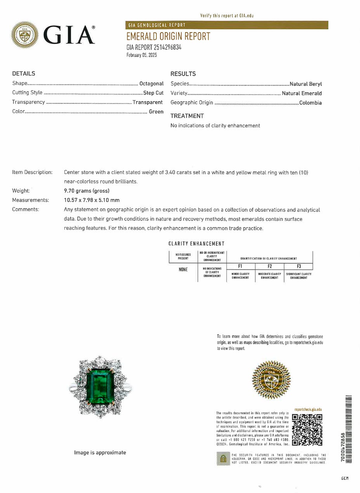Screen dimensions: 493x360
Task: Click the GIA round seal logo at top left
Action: [25, 35]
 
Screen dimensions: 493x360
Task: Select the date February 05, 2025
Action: [142, 55]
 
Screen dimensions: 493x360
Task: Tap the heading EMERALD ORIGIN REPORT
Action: [168, 36]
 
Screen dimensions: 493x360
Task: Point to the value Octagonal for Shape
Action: [151, 83]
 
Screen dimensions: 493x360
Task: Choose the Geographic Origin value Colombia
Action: [310, 103]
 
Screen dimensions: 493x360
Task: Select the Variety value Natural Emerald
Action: [301, 93]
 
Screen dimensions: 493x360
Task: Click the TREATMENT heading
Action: [187, 116]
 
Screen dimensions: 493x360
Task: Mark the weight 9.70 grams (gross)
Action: [87, 191]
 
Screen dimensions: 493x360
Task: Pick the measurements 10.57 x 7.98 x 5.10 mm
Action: [92, 200]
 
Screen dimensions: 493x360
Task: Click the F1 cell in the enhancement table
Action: [241, 266]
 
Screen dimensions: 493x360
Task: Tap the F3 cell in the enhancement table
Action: [299, 266]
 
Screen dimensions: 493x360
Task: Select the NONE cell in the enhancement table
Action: [183, 269]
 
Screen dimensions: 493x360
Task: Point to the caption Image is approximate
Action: [100, 452]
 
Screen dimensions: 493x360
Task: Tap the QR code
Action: [307, 429]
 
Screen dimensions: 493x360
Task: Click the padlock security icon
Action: [223, 459]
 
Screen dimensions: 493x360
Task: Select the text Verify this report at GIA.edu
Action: [227, 16]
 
